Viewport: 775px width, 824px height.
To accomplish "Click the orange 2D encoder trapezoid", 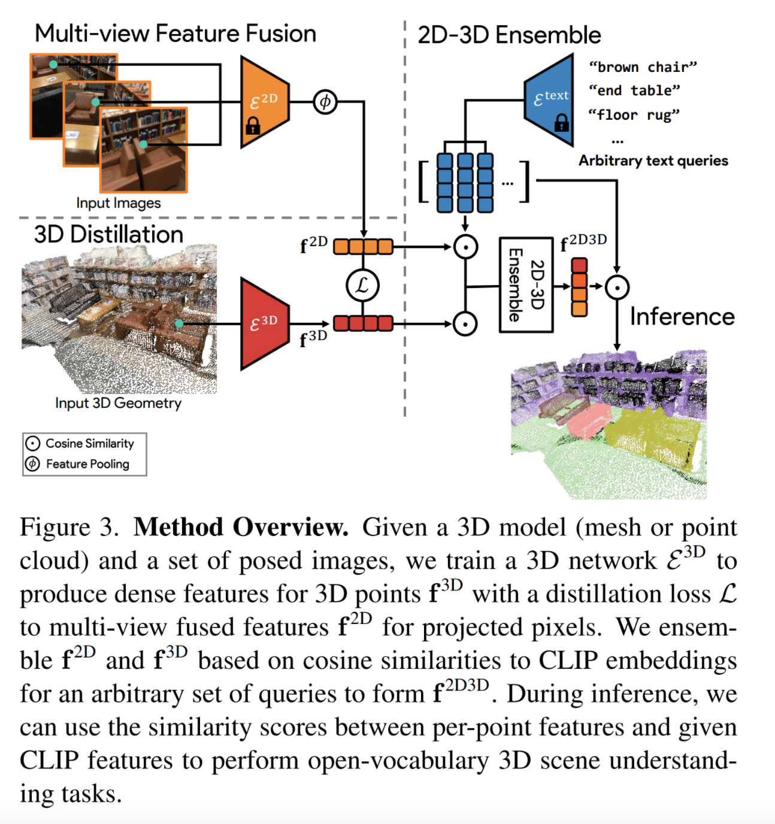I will (264, 102).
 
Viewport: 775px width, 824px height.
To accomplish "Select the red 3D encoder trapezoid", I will (264, 323).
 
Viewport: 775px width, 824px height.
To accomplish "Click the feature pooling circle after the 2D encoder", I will (325, 102).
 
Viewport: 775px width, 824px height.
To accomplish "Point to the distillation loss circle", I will (362, 285).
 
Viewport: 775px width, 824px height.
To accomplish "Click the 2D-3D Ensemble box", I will (526, 285).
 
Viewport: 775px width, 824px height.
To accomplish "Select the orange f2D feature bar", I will (363, 246).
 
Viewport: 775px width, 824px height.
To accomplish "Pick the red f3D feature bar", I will (363, 323).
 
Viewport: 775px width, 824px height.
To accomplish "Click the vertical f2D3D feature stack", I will (579, 287).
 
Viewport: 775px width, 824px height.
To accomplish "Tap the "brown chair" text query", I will (643, 66).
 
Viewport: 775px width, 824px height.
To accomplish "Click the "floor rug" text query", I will (634, 114).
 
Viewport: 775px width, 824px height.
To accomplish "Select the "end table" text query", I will (634, 90).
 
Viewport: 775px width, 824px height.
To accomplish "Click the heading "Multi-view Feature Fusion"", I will (175, 34).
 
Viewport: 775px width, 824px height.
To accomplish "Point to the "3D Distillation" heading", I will (108, 234).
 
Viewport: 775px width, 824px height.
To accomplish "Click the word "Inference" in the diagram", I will (682, 316).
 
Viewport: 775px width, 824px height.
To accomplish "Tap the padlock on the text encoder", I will (561, 123).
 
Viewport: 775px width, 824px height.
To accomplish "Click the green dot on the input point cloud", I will (179, 323).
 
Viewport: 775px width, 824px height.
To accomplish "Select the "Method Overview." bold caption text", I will (241, 527).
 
